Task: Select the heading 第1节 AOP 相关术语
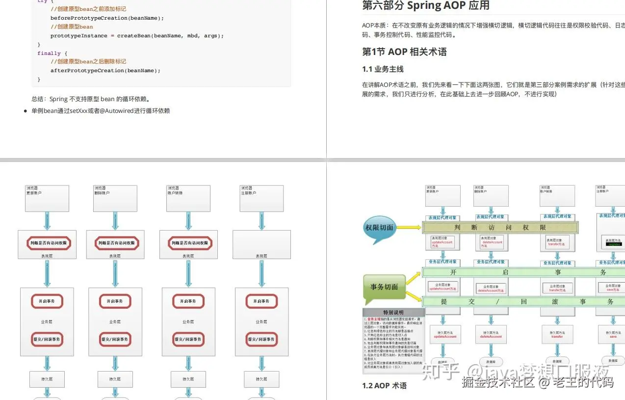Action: coord(404,52)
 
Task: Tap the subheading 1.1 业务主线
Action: coord(383,69)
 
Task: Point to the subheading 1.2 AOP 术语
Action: coord(384,386)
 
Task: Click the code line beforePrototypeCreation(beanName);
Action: coord(107,18)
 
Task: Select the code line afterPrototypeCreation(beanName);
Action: coord(105,71)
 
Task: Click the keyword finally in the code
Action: coord(49,53)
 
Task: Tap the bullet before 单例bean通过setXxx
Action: coord(26,111)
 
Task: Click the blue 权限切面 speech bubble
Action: coord(380,229)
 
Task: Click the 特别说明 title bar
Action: coord(393,313)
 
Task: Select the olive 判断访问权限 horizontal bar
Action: coord(500,227)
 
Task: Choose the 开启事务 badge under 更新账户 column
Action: coord(47,301)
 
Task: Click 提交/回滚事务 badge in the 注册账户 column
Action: coord(261,339)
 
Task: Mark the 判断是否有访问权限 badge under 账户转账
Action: coord(189,243)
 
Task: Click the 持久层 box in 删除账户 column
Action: coord(115,379)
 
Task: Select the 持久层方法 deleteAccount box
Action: coord(491,335)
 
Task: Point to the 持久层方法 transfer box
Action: coord(557,335)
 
